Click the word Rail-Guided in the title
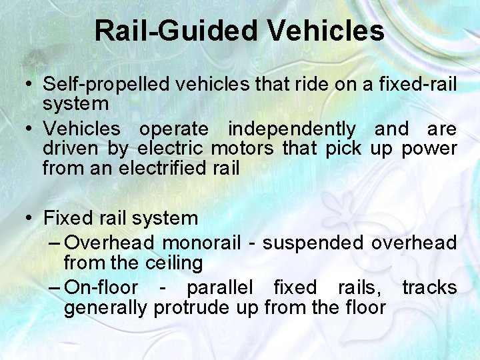pos(175,31)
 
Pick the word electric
pos(171,148)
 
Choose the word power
pos(429,148)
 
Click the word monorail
pos(201,243)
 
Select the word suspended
pos(313,243)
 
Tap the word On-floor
pos(101,287)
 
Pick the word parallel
pos(219,287)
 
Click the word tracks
pos(429,287)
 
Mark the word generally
pos(106,307)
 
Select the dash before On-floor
pos(55,287)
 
